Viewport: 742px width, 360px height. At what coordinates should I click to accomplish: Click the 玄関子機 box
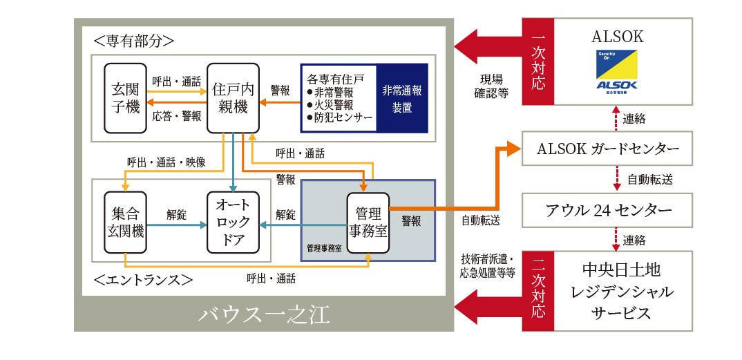point(124,97)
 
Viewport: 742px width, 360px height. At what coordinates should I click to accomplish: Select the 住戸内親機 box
point(233,97)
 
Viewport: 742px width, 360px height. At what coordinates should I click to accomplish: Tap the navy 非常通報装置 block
point(402,97)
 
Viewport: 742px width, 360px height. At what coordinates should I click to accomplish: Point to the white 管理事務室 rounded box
point(367,222)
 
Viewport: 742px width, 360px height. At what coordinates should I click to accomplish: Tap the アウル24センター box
point(607,210)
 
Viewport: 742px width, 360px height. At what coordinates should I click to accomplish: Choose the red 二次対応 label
point(540,291)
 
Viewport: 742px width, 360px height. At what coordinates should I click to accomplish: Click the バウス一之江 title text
point(264,315)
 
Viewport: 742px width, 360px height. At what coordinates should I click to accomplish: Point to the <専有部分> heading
point(131,41)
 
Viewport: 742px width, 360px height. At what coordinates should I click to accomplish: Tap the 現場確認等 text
point(493,85)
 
